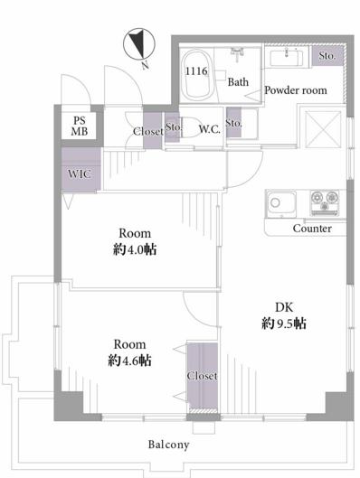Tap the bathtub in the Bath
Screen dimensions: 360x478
pyautogui.click(x=197, y=75)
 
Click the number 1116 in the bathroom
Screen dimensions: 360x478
pyautogui.click(x=197, y=71)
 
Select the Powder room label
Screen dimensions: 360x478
pyautogui.click(x=295, y=90)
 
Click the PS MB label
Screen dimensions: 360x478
pyautogui.click(x=80, y=126)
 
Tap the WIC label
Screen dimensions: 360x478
pyautogui.click(x=80, y=174)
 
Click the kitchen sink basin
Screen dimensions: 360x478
pyautogui.click(x=281, y=203)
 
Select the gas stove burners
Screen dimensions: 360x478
pyautogui.click(x=325, y=202)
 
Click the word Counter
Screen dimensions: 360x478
pyautogui.click(x=312, y=229)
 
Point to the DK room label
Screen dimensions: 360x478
pyautogui.click(x=284, y=307)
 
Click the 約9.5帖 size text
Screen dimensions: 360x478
pyautogui.click(x=284, y=323)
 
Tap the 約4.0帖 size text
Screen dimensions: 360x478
pyautogui.click(x=135, y=249)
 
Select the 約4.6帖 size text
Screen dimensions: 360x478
pyautogui.click(x=129, y=361)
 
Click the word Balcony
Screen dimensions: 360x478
pyautogui.click(x=169, y=445)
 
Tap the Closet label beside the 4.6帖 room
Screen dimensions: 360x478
pyautogui.click(x=202, y=376)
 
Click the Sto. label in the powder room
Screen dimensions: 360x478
pyautogui.click(x=327, y=56)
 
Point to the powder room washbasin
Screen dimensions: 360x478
pyautogui.click(x=287, y=59)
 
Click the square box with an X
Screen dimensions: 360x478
pyautogui.click(x=323, y=129)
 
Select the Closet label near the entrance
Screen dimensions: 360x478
pyautogui.click(x=148, y=131)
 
